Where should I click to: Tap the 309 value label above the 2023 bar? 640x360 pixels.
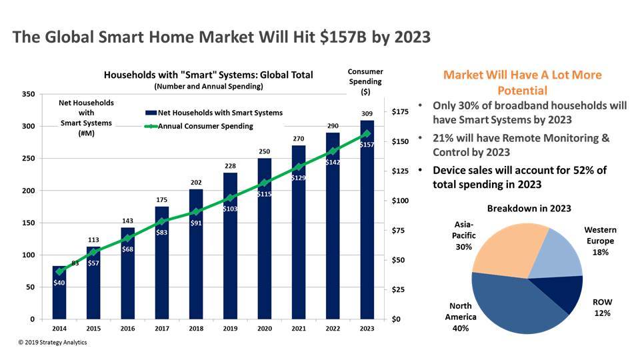[366, 115]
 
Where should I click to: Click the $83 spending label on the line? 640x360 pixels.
[161, 233]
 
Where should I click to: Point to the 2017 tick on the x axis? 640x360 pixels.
[162, 329]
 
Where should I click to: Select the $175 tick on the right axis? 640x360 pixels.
[401, 112]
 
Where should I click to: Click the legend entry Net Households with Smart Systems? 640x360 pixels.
[213, 113]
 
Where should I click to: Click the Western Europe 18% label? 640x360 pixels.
[600, 241]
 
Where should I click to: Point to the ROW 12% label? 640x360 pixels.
[602, 307]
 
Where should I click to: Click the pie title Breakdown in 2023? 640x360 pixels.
[529, 209]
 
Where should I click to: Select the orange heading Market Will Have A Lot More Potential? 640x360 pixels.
[522, 83]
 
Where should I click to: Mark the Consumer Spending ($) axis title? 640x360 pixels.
[365, 81]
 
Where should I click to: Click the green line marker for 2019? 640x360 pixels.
[229, 198]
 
